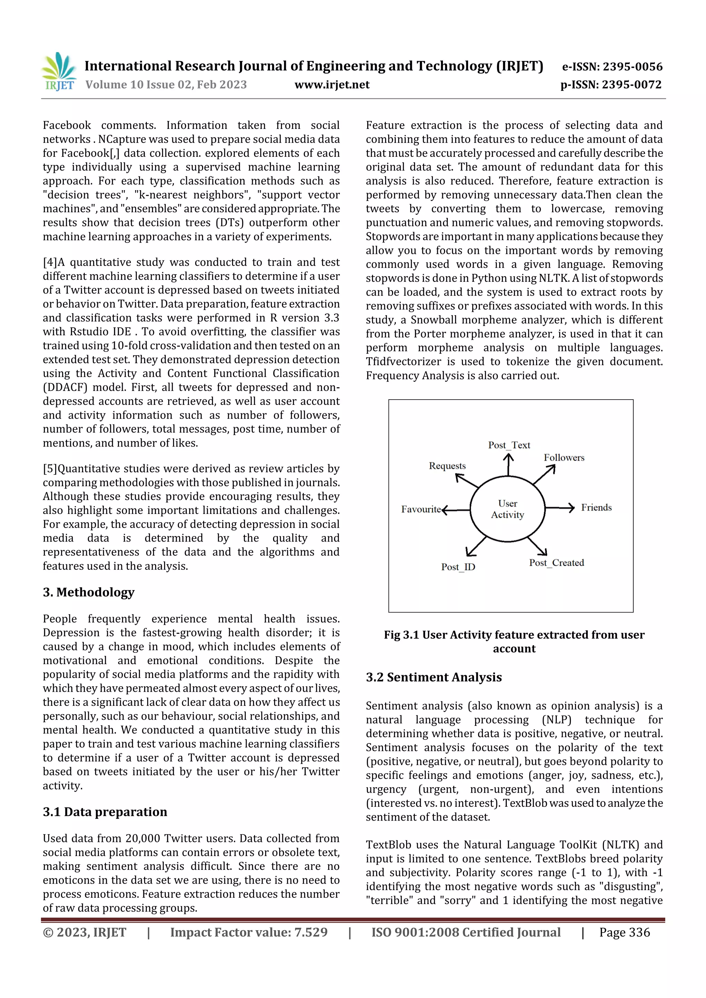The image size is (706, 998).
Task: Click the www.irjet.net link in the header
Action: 332,84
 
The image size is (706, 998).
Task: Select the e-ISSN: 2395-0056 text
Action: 612,66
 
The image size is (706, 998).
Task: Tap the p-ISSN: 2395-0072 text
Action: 611,84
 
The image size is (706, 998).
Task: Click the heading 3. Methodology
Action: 89,592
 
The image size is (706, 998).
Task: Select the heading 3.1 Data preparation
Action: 105,812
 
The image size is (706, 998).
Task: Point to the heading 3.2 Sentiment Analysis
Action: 434,677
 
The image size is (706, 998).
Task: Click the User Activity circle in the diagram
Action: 508,508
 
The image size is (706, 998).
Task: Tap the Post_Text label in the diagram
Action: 509,445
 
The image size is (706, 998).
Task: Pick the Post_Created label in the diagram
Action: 556,563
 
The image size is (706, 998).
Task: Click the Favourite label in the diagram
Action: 421,509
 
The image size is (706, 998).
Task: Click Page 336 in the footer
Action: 624,932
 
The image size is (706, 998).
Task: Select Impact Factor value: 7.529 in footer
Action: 249,932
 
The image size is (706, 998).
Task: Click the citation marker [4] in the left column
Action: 50,262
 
